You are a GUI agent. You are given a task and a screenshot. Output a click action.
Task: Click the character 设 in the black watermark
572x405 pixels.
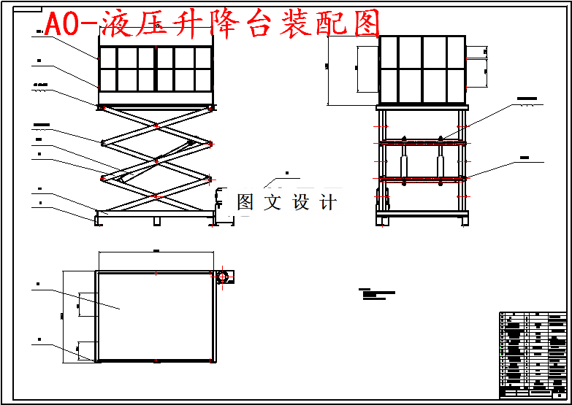302,202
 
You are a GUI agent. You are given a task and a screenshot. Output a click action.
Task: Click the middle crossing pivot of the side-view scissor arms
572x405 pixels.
156,160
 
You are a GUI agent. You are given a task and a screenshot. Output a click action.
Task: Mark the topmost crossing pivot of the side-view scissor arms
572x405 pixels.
156,125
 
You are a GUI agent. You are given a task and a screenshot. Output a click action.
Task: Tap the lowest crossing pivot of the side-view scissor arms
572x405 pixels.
156,196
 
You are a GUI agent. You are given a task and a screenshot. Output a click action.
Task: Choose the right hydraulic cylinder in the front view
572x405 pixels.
441,161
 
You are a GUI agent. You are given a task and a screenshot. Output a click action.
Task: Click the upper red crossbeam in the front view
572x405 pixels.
421,143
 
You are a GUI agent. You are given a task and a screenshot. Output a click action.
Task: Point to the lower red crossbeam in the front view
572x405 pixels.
421,178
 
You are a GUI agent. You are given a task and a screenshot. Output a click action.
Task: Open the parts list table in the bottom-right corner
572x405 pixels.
533,355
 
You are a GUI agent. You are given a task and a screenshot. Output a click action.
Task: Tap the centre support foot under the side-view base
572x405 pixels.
156,220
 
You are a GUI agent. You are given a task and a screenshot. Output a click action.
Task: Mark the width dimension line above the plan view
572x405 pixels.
156,252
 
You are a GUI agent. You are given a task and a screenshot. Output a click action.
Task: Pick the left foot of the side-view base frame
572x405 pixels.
98,220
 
